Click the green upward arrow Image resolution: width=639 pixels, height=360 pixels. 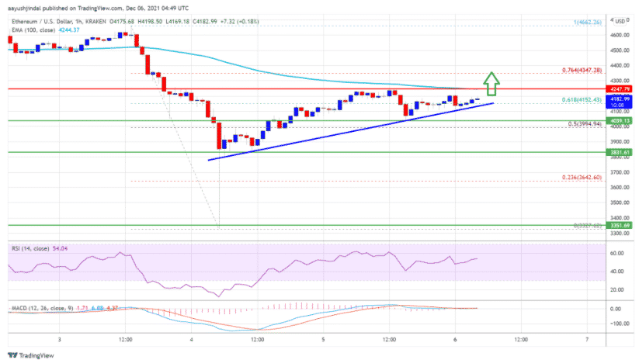(x=490, y=81)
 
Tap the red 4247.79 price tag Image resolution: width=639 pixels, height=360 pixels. (x=619, y=88)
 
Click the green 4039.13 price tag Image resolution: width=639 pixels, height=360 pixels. (x=619, y=120)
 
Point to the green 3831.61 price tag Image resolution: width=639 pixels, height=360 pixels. (x=619, y=153)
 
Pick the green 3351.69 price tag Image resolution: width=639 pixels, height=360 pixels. (x=619, y=225)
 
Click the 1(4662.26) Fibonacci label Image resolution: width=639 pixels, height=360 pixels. (x=587, y=23)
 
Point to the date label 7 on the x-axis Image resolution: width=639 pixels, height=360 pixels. (x=588, y=339)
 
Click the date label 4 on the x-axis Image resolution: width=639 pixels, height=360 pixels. (x=192, y=339)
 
